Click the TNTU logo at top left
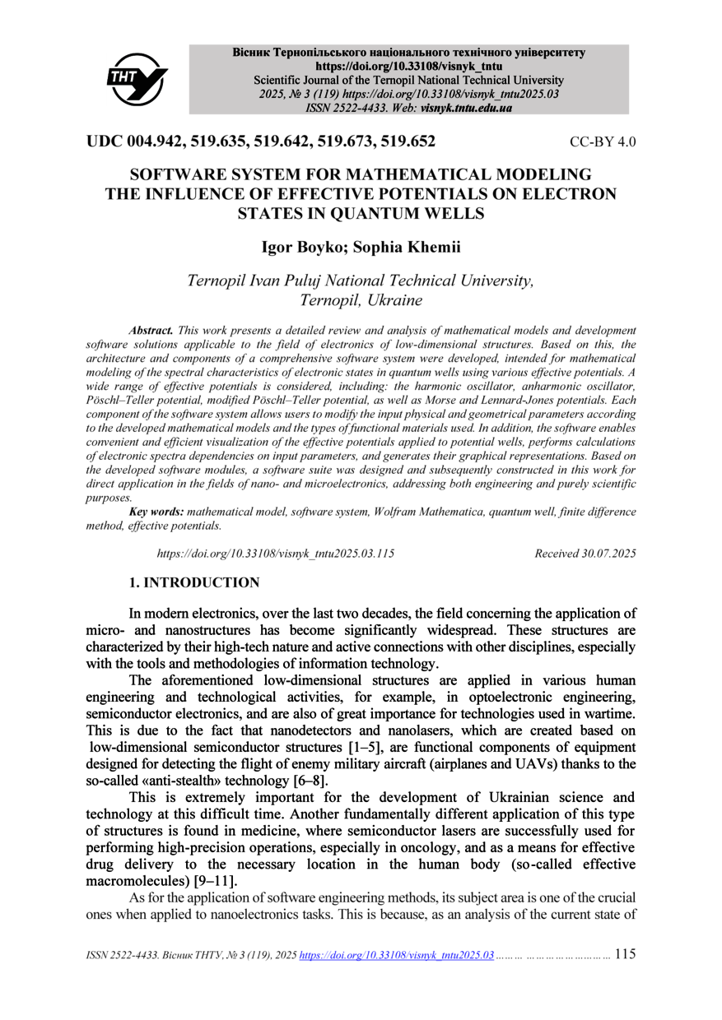137,78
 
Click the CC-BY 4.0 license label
603,142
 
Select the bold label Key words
156,512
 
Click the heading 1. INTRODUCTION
193,583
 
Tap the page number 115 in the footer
625,955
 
